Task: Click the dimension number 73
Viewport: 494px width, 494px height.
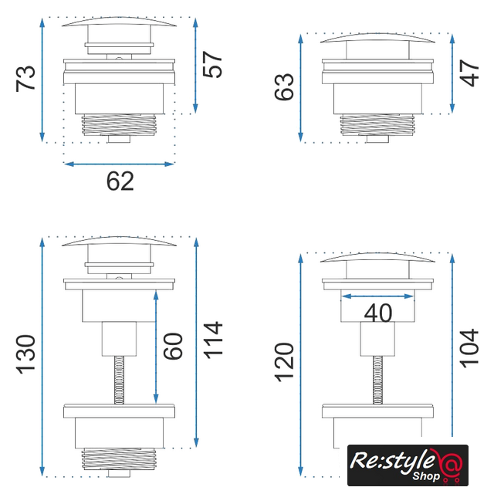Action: (x=25, y=79)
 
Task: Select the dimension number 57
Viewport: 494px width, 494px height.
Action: (x=212, y=64)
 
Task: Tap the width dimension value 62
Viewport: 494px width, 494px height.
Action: (x=120, y=181)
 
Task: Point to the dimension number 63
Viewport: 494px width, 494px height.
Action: (x=284, y=87)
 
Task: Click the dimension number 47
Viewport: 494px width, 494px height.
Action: (x=469, y=73)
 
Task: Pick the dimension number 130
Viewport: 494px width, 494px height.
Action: (x=25, y=355)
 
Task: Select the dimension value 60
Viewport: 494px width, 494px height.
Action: (x=173, y=346)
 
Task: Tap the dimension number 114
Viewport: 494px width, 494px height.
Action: (x=213, y=340)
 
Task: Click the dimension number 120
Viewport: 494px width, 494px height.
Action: (x=284, y=362)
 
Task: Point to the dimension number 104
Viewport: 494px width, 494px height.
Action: (x=469, y=348)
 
